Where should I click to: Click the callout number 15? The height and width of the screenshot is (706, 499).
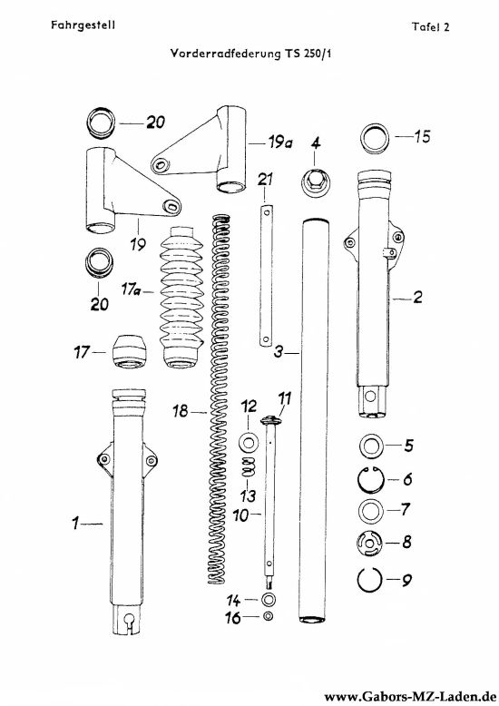click(x=423, y=136)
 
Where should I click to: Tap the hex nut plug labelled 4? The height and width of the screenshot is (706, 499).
click(x=315, y=182)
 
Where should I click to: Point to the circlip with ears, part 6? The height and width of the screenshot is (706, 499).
click(x=371, y=479)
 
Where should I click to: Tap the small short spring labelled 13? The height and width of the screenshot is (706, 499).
click(x=248, y=466)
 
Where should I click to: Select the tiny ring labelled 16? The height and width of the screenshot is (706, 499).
click(x=268, y=616)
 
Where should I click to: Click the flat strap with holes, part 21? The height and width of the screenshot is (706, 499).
click(x=266, y=276)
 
